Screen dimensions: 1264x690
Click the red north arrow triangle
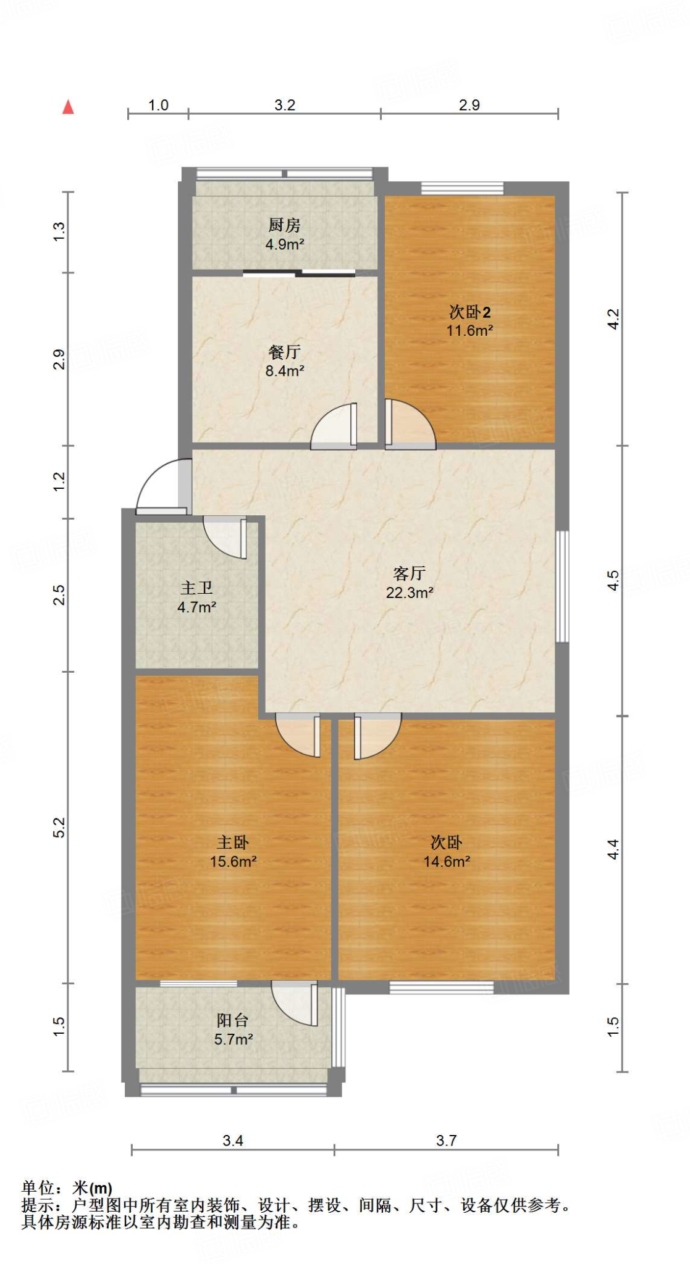coord(68,107)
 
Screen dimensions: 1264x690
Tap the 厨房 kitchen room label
coord(284,225)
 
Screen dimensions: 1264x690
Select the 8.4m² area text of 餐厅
coord(284,371)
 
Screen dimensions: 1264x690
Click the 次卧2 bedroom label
coord(469,312)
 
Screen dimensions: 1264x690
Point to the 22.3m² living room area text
coord(409,592)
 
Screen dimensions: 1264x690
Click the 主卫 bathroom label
coord(196,588)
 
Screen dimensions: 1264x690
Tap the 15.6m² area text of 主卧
coord(233,862)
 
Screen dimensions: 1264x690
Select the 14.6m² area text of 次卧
coord(446,862)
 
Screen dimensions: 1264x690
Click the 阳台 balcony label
coord(233,1020)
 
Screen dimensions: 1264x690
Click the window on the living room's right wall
coord(562,586)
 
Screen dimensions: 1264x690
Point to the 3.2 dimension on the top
coord(285,105)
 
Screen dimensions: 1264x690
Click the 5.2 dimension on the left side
coord(59,827)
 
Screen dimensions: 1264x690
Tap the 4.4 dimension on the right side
coord(613,849)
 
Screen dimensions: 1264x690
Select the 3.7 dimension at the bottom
coord(446,1141)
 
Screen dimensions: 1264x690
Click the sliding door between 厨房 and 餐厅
coord(300,273)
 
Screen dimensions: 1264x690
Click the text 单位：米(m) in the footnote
coord(67,1187)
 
